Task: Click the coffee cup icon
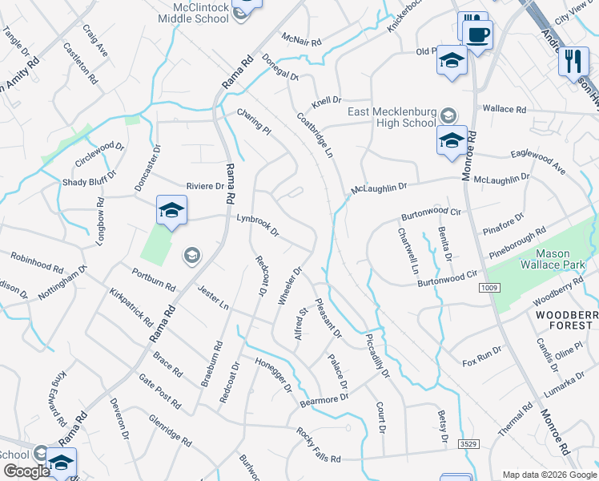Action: [x=479, y=34]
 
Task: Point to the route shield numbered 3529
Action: [x=468, y=443]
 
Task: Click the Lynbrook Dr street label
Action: [x=258, y=224]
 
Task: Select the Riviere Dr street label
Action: [x=206, y=186]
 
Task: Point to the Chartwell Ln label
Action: [x=408, y=251]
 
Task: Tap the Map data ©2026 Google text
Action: [x=549, y=475]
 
